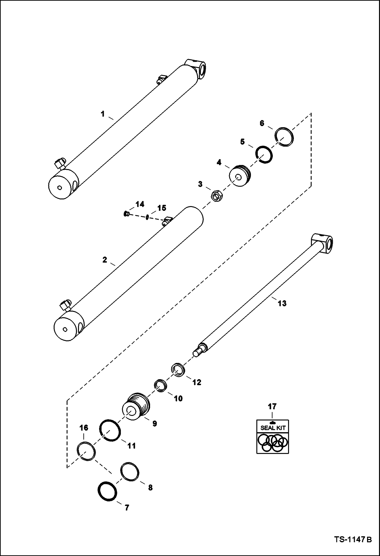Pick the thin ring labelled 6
[x=284, y=137]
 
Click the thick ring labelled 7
[x=107, y=491]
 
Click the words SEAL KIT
[x=273, y=428]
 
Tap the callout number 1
[x=103, y=114]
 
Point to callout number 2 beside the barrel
[x=104, y=260]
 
